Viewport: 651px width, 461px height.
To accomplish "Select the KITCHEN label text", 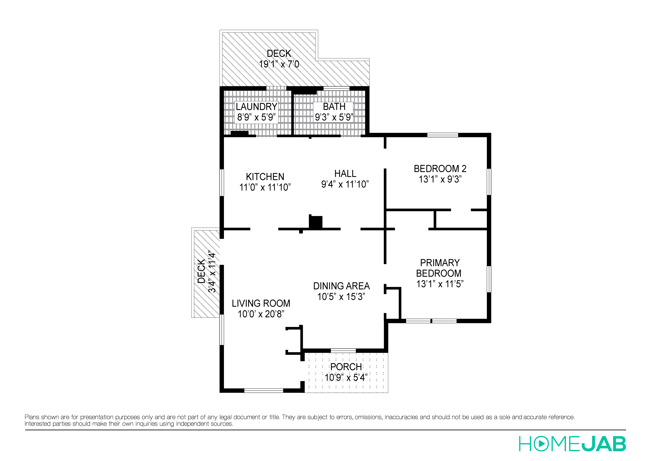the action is coord(265,177).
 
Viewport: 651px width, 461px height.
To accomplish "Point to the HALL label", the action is coord(345,173).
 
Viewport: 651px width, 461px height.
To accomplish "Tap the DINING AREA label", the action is coord(341,286).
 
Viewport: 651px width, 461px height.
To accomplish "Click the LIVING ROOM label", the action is coord(261,303).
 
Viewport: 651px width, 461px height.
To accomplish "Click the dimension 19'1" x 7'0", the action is coord(279,64).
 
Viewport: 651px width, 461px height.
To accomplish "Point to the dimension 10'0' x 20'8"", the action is coord(261,314).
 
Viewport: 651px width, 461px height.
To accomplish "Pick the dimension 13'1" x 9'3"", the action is coord(440,179).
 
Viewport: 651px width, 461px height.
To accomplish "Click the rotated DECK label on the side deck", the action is coord(201,271).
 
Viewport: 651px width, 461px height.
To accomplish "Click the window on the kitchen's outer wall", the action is coord(222,183).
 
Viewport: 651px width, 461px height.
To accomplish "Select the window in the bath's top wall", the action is coord(336,89).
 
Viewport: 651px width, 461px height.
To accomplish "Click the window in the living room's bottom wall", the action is coord(264,391).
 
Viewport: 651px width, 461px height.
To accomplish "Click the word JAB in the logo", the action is coord(604,444).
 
